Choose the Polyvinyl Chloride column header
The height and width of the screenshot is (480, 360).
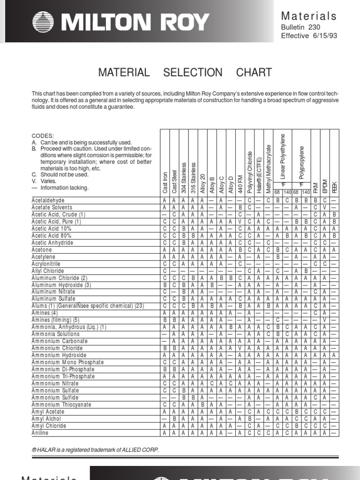tap(250, 172)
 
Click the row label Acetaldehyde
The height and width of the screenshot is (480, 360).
tap(48, 200)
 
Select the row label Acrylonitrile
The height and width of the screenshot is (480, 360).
tap(47, 264)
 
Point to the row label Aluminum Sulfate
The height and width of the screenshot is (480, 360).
tap(52, 299)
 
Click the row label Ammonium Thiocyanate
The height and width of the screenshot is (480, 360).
tap(61, 405)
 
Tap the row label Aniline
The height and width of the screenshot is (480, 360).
tap(40, 433)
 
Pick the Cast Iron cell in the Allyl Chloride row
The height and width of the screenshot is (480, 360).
tap(165, 271)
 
